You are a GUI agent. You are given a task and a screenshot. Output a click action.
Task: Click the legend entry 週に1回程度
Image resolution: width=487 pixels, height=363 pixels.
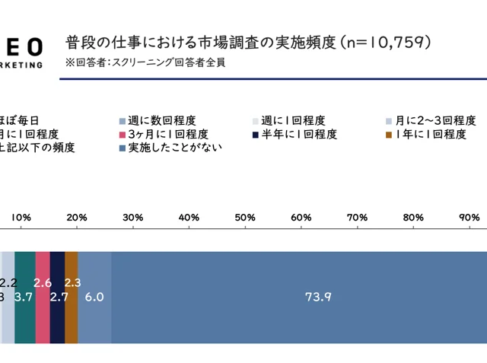(x=293, y=120)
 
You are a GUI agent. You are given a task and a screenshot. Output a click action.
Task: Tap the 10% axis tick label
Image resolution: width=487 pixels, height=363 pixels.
(x=21, y=218)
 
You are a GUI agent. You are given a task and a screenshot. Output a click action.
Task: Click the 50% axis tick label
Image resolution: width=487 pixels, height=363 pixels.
(x=245, y=218)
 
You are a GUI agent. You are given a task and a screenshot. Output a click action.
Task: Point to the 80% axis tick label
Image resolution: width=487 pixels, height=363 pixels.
(x=413, y=218)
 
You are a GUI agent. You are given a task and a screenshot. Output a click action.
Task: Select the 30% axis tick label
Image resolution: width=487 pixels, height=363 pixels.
(x=133, y=218)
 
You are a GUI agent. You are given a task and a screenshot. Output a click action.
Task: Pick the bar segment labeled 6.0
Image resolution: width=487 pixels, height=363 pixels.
(x=94, y=297)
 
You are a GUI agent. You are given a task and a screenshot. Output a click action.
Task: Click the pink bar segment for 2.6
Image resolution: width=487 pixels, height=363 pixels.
(x=43, y=304)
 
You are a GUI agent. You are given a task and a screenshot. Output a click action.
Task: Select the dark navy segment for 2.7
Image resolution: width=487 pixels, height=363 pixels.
(x=57, y=304)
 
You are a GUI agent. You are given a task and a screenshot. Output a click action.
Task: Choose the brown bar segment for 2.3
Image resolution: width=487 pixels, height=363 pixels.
(x=72, y=304)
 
